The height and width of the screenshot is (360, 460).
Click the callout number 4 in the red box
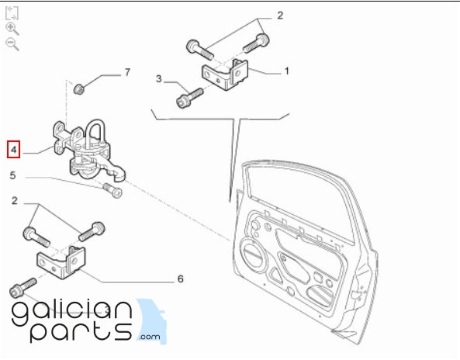tap(13, 150)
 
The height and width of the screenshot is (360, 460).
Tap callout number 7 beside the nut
tap(127, 72)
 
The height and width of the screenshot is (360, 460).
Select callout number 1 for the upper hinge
tap(286, 71)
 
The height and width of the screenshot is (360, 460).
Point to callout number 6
tap(181, 279)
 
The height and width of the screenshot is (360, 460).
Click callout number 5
tap(12, 175)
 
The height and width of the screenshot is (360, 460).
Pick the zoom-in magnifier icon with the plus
tap(12, 29)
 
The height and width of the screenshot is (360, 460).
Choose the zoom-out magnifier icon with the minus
tap(12, 44)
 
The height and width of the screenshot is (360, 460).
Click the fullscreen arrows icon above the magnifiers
tap(12, 13)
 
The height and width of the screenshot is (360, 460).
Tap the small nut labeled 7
tap(78, 89)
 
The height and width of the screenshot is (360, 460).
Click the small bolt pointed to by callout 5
tap(112, 190)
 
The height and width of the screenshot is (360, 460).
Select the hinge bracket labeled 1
tap(225, 74)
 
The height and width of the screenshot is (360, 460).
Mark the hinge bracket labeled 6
tap(61, 262)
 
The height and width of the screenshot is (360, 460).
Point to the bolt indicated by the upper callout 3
tap(189, 98)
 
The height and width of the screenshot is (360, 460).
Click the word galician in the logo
tap(72, 312)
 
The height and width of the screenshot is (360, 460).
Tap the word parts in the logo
tap(81, 332)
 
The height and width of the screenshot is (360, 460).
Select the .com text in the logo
tap(150, 337)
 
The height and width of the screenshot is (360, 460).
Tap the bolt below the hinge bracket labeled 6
tap(22, 287)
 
